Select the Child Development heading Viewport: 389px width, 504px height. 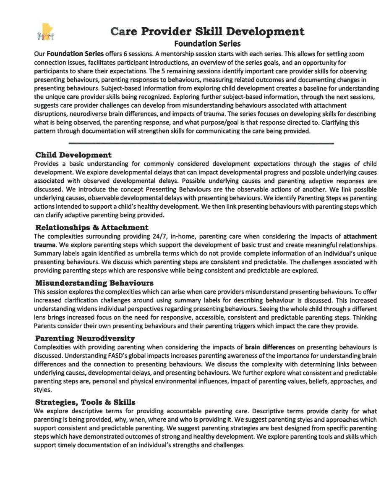tap(73, 155)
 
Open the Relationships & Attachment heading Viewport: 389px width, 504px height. tap(92, 227)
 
